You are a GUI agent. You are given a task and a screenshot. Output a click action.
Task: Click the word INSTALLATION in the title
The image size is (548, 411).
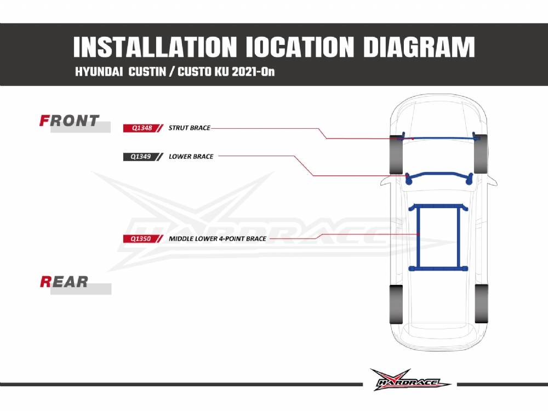(155, 47)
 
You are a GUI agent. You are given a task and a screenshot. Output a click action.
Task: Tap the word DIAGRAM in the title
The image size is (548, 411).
(419, 47)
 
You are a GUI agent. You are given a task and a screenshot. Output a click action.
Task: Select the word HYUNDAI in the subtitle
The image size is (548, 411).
(99, 72)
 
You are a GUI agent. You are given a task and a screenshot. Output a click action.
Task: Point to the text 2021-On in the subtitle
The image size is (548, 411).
(253, 72)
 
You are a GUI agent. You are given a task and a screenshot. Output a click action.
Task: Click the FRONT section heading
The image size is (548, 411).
(69, 121)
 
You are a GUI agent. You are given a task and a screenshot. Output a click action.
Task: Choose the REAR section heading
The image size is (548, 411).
(64, 282)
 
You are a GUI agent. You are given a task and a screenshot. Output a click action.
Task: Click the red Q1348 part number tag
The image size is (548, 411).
(143, 128)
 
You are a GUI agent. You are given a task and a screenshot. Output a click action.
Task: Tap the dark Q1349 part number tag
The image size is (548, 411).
(143, 157)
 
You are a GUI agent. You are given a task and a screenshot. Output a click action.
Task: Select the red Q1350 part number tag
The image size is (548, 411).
(143, 239)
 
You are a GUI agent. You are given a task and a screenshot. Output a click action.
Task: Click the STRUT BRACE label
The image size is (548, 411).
(190, 128)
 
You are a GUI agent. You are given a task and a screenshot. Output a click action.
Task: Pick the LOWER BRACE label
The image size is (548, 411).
(191, 157)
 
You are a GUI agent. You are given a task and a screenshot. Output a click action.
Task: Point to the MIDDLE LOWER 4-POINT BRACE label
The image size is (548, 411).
(218, 239)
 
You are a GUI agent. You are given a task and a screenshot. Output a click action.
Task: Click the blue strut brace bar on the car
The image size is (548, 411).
(439, 138)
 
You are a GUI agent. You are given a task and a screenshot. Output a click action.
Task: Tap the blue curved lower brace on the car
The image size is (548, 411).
(439, 178)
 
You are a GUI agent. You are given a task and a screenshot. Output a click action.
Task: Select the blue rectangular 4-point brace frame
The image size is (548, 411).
(438, 237)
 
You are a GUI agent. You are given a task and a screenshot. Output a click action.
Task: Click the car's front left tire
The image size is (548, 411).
(396, 154)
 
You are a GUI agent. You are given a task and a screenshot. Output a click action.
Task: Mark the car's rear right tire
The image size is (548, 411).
(481, 304)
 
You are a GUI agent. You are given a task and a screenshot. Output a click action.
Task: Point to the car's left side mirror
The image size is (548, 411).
(386, 181)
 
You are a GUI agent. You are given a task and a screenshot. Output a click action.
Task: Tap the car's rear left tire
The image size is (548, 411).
(396, 304)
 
